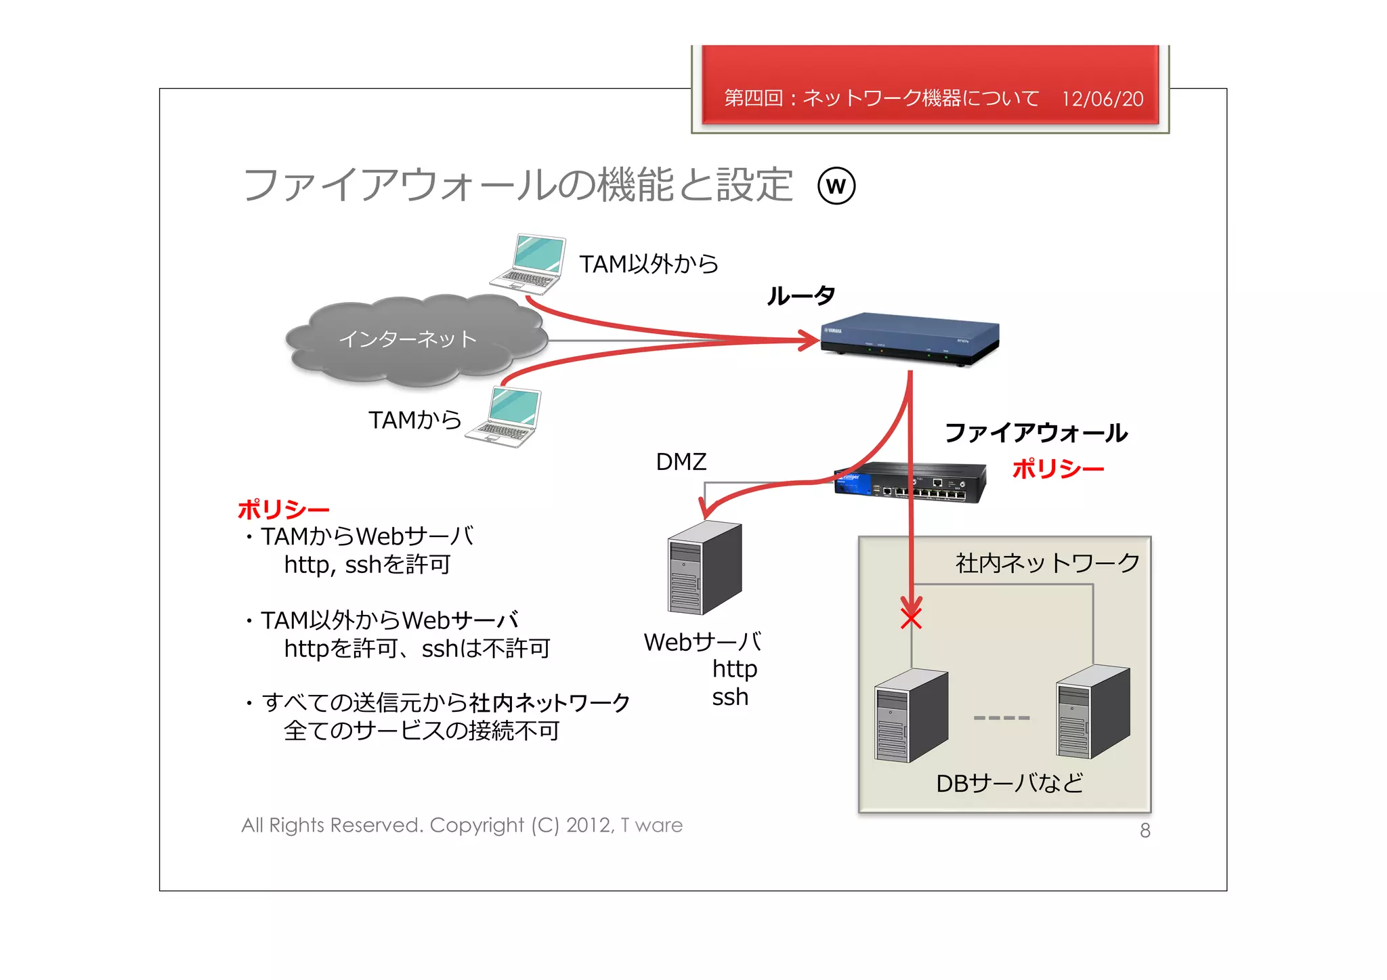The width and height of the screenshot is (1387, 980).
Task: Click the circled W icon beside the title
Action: (x=836, y=186)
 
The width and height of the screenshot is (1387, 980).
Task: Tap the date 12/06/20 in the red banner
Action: (x=1102, y=99)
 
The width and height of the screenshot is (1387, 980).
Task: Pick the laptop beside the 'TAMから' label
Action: (x=505, y=417)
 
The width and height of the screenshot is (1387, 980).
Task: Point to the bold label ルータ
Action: (x=801, y=295)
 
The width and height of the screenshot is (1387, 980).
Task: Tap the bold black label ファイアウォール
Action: (x=1036, y=432)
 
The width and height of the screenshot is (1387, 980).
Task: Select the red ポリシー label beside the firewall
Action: (x=1058, y=469)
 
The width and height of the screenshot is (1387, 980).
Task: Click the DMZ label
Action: (x=681, y=462)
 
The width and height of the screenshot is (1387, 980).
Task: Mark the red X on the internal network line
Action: (x=911, y=618)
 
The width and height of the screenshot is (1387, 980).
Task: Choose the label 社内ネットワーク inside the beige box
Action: (x=1047, y=563)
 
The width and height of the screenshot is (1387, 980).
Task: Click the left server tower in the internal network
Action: (x=911, y=716)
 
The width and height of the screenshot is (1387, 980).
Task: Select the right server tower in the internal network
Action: (x=1092, y=712)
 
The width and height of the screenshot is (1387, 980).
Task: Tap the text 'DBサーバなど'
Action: (x=1009, y=784)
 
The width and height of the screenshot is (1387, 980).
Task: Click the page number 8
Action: (x=1145, y=830)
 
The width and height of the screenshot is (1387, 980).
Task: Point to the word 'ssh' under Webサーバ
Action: (x=729, y=697)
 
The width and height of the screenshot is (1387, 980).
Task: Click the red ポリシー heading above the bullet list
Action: (x=283, y=509)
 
